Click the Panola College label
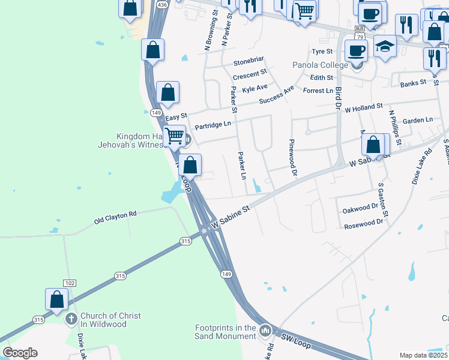pyautogui.click(x=320, y=65)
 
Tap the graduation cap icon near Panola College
pyautogui.click(x=385, y=46)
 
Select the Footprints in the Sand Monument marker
pyautogui.click(x=265, y=330)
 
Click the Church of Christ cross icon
pyautogui.click(x=71, y=319)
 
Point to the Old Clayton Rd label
pyautogui.click(x=115, y=217)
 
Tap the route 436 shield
pyautogui.click(x=161, y=4)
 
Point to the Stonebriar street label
pyautogui.click(x=249, y=62)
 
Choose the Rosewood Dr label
pyautogui.click(x=363, y=224)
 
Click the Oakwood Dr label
pyautogui.click(x=360, y=208)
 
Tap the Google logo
pyautogui.click(x=20, y=353)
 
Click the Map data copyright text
pyautogui.click(x=424, y=355)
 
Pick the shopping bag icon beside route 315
pyautogui.click(x=56, y=299)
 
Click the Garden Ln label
pyautogui.click(x=418, y=120)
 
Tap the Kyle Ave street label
pyautogui.click(x=255, y=88)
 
